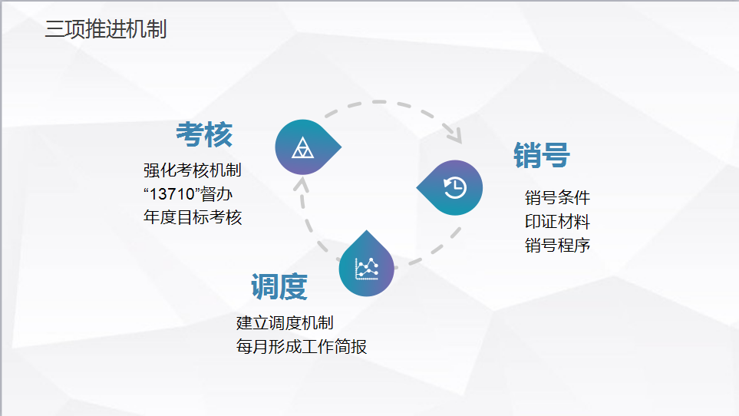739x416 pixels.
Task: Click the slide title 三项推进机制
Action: coord(106,28)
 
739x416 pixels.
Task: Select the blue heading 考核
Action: coord(204,135)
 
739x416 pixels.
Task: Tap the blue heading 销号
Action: coord(542,155)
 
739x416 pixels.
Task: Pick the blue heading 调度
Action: coord(279,286)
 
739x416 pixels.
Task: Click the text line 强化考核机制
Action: coord(193,170)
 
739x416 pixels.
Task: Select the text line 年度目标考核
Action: coord(193,217)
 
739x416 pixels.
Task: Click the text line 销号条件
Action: coord(558,197)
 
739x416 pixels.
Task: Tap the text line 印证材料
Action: coord(558,221)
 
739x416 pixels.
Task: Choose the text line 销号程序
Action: coord(558,245)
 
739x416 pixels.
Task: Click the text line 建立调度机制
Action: coord(285,322)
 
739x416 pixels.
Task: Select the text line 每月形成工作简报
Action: coord(301,347)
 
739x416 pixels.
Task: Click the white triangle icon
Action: coord(302,147)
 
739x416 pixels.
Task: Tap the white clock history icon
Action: coord(455,187)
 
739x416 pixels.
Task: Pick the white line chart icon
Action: coord(367,269)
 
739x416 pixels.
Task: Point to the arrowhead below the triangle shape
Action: coord(301,183)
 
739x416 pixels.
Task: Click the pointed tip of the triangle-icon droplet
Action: coord(341,147)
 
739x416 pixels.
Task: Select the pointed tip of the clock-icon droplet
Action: coord(417,187)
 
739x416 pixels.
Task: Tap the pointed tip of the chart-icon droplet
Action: coord(366,231)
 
